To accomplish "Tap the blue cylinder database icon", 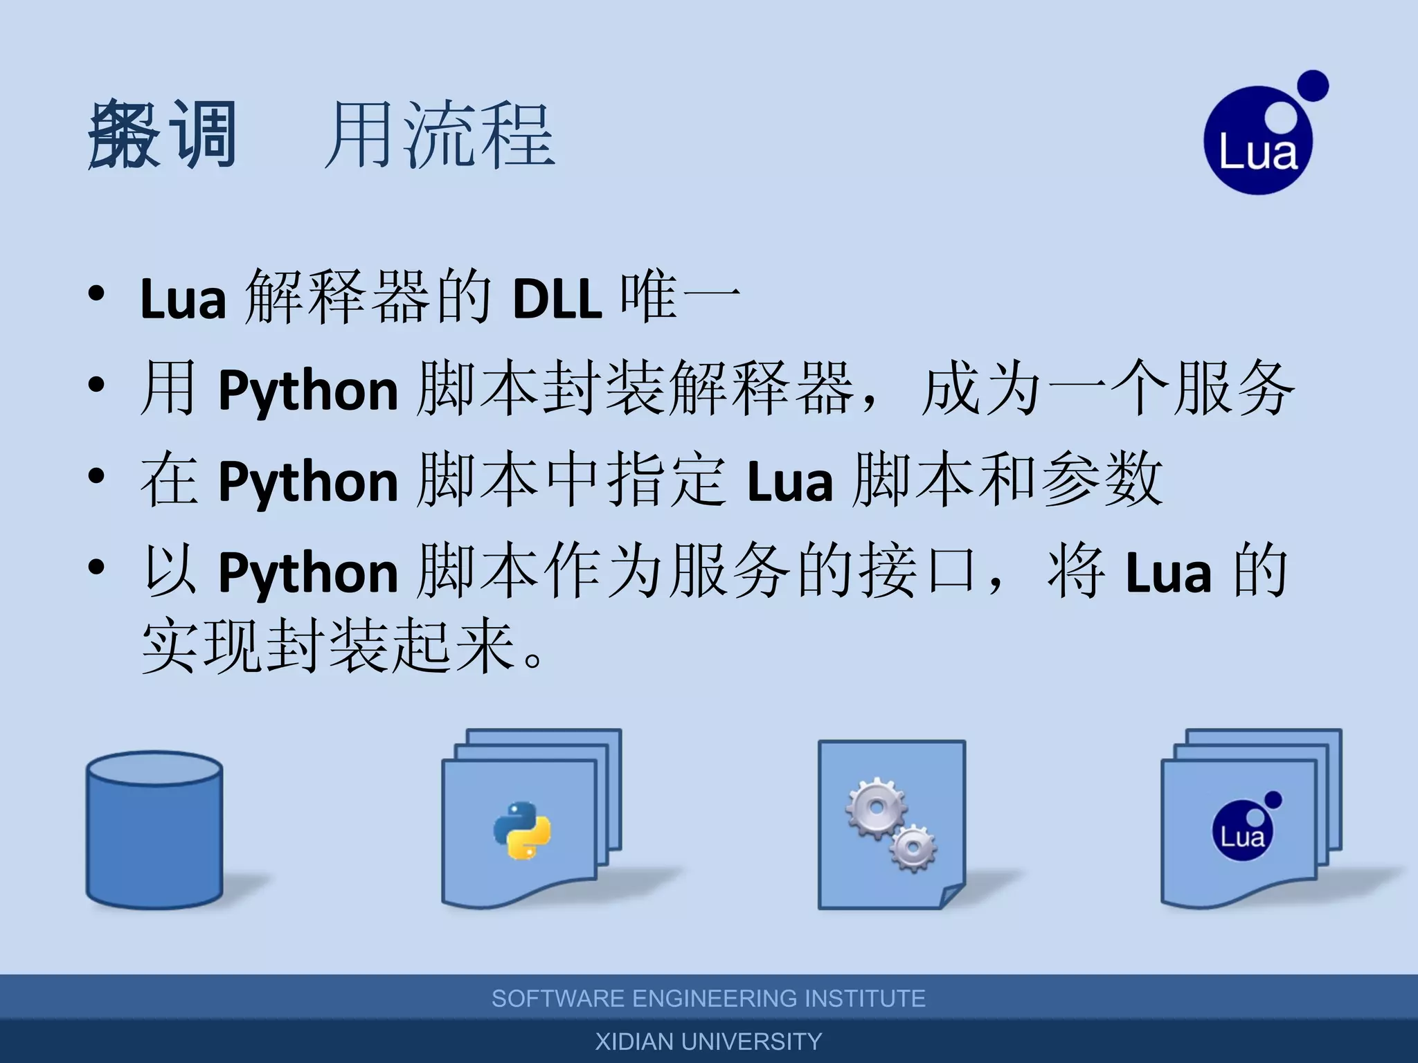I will pyautogui.click(x=154, y=830).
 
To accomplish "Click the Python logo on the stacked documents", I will pyautogui.click(x=522, y=830).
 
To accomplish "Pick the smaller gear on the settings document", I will pyautogui.click(x=913, y=847).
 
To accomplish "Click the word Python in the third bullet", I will pyautogui.click(x=308, y=482).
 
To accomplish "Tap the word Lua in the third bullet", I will pyautogui.click(x=790, y=482).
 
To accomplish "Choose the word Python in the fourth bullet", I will pyautogui.click(x=308, y=573).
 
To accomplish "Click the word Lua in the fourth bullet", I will pyautogui.click(x=1169, y=573).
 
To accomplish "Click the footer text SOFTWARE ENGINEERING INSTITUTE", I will pyautogui.click(x=708, y=999).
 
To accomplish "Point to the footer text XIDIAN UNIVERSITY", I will pyautogui.click(x=708, y=1042).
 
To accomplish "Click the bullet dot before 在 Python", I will pyautogui.click(x=96, y=475).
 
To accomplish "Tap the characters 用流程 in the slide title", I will pyautogui.click(x=440, y=135).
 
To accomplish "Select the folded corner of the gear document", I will pyautogui.click(x=952, y=896).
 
